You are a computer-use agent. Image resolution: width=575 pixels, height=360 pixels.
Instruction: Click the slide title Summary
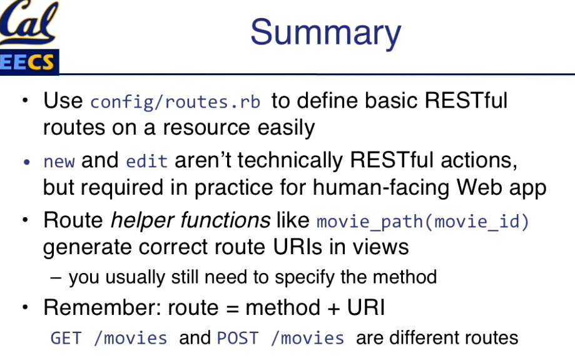325,33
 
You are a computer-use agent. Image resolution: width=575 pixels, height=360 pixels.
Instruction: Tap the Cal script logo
29,22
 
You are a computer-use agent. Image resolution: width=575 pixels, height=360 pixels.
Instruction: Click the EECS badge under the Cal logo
29,62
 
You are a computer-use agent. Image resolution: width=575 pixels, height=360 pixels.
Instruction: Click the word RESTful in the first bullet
466,100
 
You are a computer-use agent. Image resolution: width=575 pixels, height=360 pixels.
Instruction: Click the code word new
59,162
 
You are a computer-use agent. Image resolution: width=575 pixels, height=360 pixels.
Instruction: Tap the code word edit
146,161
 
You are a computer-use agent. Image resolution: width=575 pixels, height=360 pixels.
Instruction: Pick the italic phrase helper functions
191,220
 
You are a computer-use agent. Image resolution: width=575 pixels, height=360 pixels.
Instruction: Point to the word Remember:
103,307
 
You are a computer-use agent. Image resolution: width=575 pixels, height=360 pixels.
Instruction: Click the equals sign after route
232,309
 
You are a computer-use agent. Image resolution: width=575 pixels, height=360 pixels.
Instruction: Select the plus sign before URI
333,308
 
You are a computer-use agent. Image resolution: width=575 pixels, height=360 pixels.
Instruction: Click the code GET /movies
109,338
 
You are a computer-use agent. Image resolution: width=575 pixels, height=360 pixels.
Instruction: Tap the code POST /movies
280,338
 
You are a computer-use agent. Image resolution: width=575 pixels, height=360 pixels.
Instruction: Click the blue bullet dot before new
26,162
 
